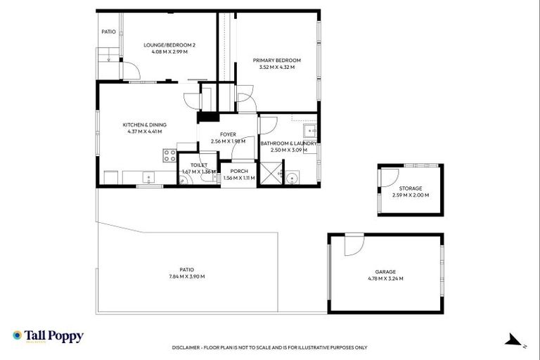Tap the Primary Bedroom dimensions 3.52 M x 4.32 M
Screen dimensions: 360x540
(276, 67)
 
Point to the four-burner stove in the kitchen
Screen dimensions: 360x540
(170, 156)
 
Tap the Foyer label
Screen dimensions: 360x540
(228, 134)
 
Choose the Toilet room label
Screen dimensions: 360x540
(198, 165)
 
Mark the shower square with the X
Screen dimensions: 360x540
(269, 173)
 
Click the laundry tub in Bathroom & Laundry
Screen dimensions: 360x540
(309, 131)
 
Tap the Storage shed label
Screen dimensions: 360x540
(411, 188)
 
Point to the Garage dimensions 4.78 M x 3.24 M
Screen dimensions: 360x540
(385, 278)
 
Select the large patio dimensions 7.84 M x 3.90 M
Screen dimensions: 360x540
(186, 276)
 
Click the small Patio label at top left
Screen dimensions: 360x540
(108, 32)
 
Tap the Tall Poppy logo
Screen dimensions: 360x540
(48, 336)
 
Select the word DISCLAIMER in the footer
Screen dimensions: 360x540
(188, 347)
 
